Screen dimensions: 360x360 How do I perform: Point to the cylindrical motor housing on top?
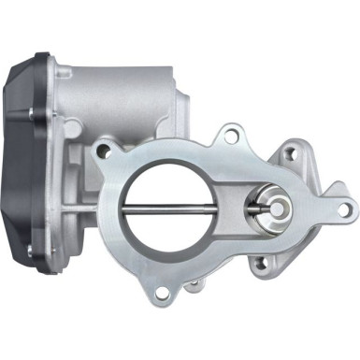tap(131, 89)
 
